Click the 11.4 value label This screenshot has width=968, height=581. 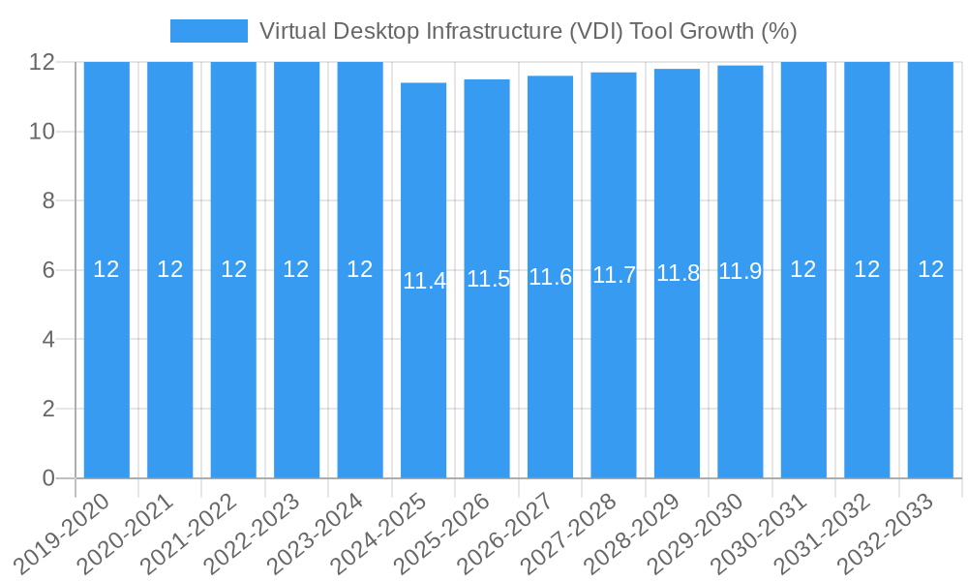pos(424,282)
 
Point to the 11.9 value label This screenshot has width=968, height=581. pos(741,271)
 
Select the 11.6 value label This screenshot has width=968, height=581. pos(551,277)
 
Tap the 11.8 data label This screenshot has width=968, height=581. pos(678,273)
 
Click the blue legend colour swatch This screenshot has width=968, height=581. pos(208,31)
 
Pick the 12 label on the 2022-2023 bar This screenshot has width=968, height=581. pos(296,269)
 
